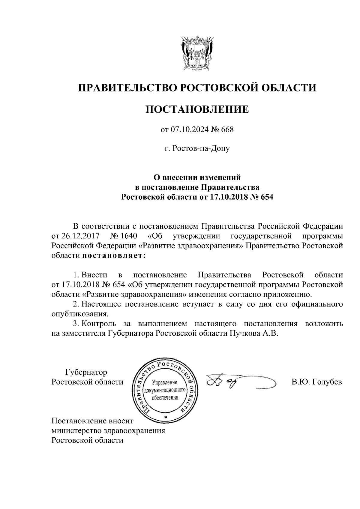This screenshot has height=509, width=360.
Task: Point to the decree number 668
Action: point(227,130)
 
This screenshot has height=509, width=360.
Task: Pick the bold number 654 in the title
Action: point(267,197)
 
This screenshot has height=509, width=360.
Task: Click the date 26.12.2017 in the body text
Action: point(81,236)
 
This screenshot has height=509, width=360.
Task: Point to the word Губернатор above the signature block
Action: point(86,373)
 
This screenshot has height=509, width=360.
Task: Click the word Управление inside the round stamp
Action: point(165,383)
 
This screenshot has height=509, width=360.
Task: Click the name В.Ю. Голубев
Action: point(316,382)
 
